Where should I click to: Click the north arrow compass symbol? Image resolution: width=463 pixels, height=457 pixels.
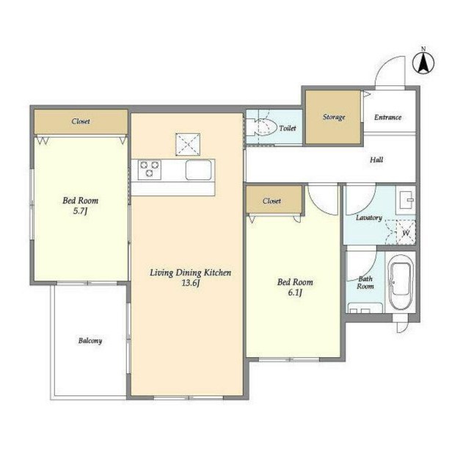[x=423, y=62]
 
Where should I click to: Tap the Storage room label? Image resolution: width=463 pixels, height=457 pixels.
[x=334, y=117]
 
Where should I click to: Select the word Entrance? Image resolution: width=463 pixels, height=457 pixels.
[x=387, y=118]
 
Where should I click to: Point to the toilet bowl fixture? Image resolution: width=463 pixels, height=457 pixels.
[x=261, y=127]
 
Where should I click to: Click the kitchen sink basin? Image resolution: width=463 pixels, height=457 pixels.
[x=198, y=170]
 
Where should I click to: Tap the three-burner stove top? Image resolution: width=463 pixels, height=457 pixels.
[x=150, y=170]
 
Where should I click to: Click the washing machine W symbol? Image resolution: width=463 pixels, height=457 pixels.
[x=407, y=233]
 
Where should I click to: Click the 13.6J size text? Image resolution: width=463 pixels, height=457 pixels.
[x=191, y=283]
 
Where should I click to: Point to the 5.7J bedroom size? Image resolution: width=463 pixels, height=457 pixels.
[x=80, y=211]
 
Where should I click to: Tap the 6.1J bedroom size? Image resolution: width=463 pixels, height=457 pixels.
[x=295, y=292]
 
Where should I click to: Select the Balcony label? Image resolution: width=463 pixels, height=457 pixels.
[x=90, y=341]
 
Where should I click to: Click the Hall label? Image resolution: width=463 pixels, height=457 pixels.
[x=376, y=160]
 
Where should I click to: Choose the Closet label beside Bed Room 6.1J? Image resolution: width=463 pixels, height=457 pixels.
[x=271, y=201]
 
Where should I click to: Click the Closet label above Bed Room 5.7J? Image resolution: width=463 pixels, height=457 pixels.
[x=81, y=121]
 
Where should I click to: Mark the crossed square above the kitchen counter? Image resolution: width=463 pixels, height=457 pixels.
[x=188, y=144]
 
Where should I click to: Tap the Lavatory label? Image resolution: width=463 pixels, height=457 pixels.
[x=369, y=218]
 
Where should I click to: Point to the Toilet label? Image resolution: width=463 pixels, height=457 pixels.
[x=288, y=129]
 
